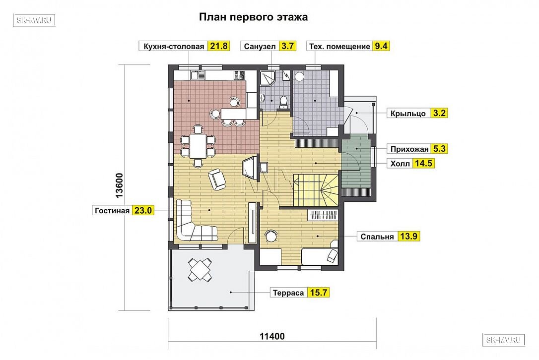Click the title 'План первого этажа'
point(253,17)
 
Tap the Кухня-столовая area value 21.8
point(218,46)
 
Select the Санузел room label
point(260,47)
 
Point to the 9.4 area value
point(381,46)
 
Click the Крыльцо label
point(408,114)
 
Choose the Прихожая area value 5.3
point(439,149)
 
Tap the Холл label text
point(400,164)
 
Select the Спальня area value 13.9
point(408,237)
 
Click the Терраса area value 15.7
point(319,293)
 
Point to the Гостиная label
point(112,211)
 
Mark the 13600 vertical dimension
point(119,185)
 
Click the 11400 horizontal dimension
point(272,336)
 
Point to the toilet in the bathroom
point(283,102)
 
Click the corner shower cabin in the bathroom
point(268,79)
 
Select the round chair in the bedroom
point(271,236)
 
